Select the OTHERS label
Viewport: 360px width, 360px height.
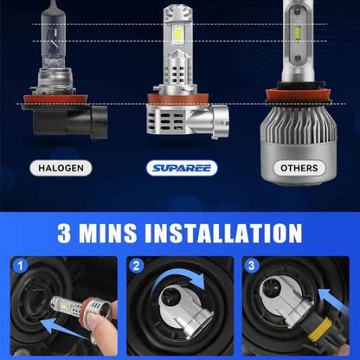[298, 167]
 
